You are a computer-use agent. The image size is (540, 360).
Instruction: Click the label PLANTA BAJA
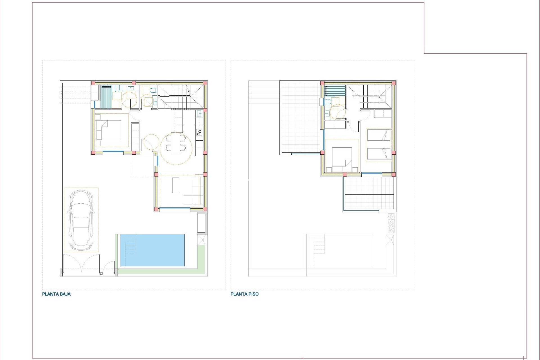[56, 294]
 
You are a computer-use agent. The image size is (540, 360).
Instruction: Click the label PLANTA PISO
[244, 294]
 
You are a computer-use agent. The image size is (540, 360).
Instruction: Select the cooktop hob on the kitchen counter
[199, 132]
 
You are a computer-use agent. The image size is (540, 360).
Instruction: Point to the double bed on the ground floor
[108, 130]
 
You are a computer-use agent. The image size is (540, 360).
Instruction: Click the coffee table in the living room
[176, 185]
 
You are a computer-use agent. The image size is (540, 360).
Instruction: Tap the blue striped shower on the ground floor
[107, 96]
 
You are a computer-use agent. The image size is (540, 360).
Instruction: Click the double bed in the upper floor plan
[342, 159]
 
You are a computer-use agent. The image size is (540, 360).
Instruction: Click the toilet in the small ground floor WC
[153, 90]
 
